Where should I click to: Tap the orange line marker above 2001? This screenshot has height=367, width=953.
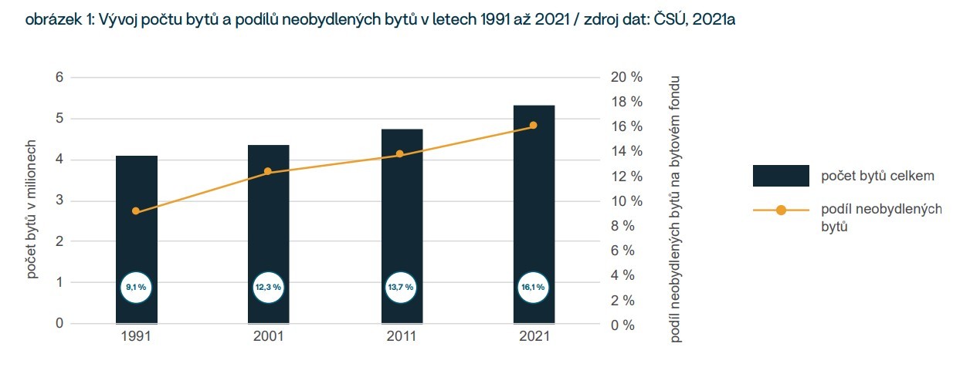(268, 172)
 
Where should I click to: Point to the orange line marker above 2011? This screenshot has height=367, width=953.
(400, 154)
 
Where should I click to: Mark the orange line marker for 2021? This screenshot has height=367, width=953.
(533, 126)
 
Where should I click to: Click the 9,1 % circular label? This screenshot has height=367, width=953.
(136, 287)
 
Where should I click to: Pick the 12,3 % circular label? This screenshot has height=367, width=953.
(268, 287)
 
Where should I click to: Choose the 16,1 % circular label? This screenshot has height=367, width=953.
(533, 287)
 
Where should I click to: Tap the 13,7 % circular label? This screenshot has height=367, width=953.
(400, 287)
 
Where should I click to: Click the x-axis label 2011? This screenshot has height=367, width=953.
(401, 337)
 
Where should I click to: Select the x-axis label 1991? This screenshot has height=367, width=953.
(136, 337)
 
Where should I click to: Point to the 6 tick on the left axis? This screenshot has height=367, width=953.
(59, 77)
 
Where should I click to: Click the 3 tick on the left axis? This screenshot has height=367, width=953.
(59, 201)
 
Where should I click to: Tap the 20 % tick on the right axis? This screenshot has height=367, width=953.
(626, 77)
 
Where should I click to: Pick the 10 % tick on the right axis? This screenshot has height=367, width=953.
(626, 201)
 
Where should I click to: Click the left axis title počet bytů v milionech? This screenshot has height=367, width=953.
(32, 208)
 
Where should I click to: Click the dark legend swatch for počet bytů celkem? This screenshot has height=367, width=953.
(781, 176)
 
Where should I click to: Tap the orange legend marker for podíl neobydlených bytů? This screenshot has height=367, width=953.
(781, 210)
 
